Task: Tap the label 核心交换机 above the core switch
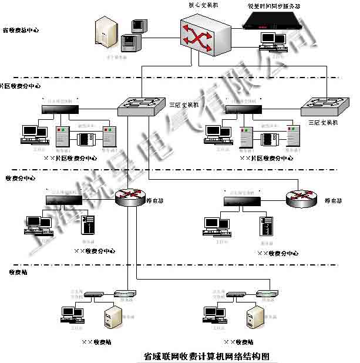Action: pos(203,5)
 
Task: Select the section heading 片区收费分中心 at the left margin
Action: pos(21,86)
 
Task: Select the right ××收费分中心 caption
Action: pos(278,253)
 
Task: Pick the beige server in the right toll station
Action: pos(255,317)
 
